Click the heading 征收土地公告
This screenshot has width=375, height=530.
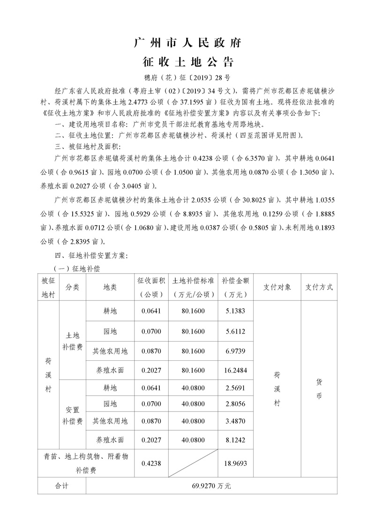click(x=187, y=62)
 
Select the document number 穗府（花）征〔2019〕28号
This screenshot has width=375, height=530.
click(x=187, y=77)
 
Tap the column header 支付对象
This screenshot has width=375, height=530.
click(x=277, y=287)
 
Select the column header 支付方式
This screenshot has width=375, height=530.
click(x=319, y=287)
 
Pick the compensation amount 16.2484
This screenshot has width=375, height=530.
click(x=235, y=370)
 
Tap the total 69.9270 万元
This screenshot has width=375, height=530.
click(x=211, y=486)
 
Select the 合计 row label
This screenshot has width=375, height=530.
click(x=62, y=486)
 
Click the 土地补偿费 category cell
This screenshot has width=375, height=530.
click(x=72, y=341)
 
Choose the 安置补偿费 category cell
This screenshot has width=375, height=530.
click(x=72, y=415)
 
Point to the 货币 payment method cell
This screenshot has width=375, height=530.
click(x=319, y=389)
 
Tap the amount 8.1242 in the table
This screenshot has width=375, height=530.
click(x=235, y=440)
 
